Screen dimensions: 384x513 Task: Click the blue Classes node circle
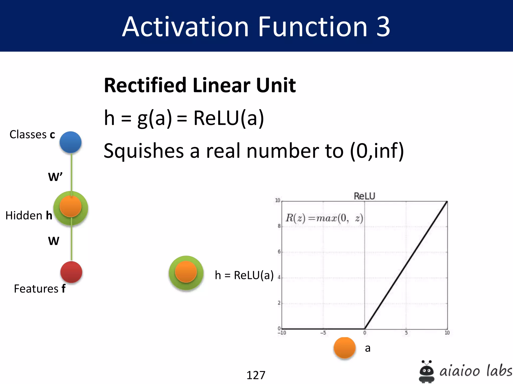pos(71,142)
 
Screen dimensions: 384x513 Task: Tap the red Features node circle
pos(71,272)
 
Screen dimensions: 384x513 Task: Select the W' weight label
pos(55,177)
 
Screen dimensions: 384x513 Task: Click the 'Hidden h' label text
pos(29,215)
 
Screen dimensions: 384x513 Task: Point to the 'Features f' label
pos(40,289)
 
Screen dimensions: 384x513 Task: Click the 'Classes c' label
pos(32,134)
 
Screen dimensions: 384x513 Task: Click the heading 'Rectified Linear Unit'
pos(200,85)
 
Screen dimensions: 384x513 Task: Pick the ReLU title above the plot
pos(364,196)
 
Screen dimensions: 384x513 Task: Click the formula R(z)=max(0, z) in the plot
pos(324,218)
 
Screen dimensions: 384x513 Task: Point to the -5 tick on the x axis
pos(323,333)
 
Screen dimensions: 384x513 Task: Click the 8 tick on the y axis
pos(279,226)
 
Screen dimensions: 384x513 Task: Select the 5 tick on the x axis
pos(406,333)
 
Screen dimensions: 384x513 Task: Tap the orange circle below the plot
pos(345,348)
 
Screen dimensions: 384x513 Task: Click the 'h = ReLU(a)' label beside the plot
pos(244,275)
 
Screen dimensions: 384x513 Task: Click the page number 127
pos(256,375)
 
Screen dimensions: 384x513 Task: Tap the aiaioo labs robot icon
pos(426,371)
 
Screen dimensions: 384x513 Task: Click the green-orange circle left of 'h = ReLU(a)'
pos(186,272)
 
